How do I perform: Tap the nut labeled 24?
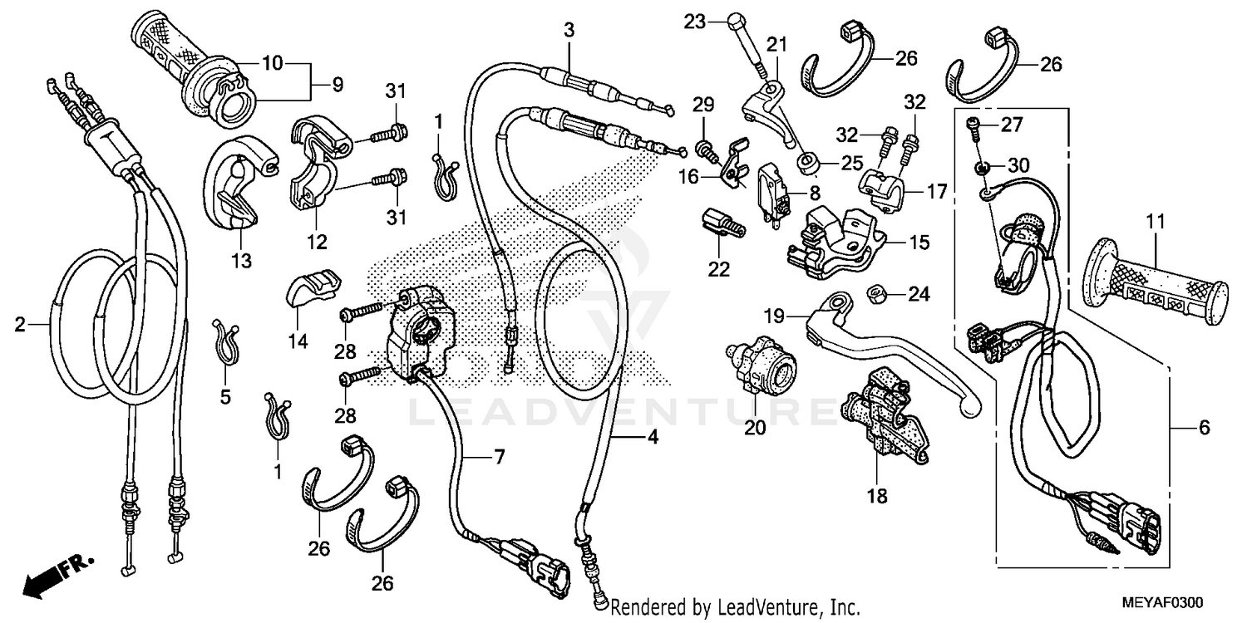tap(874, 293)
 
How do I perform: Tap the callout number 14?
tap(298, 341)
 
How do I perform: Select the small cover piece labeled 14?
tap(313, 287)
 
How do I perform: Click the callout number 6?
tap(1204, 428)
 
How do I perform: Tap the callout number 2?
tap(21, 326)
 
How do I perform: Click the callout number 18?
tap(877, 497)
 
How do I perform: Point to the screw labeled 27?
tap(973, 125)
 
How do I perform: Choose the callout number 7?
tap(499, 456)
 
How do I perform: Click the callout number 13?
tap(240, 262)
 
